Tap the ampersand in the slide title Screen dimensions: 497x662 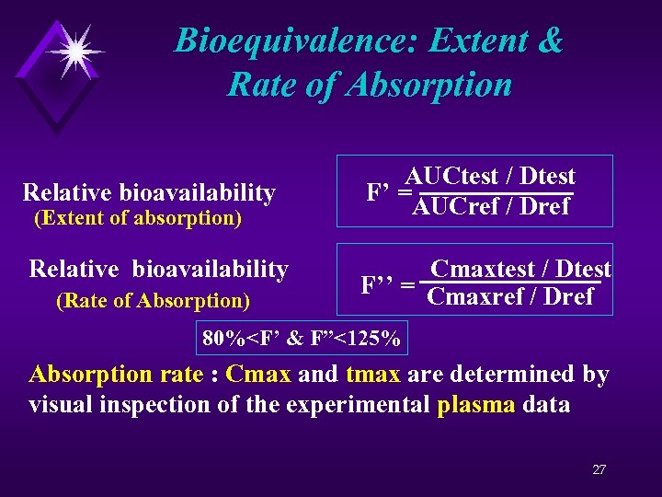point(547,40)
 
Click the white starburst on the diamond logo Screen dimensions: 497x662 point(74,48)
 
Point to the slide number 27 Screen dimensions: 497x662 point(599,469)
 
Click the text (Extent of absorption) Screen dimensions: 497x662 point(137,218)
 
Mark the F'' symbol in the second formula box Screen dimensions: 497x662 point(379,284)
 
